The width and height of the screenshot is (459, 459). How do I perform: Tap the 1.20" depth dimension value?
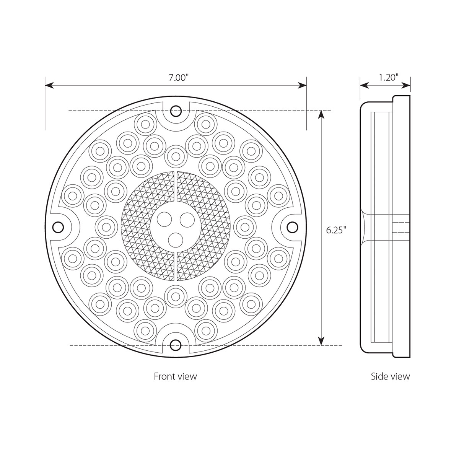[389, 77]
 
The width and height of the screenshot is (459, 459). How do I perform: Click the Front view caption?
[175, 376]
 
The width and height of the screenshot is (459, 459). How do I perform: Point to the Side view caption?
[390, 376]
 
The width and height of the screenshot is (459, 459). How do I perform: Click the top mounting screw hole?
[176, 111]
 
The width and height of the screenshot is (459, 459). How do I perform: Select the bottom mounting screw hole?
[176, 344]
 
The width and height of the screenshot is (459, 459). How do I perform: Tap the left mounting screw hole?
[58, 227]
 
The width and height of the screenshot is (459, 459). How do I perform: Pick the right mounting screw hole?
[293, 227]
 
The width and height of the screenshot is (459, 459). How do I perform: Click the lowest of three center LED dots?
[175, 239]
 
